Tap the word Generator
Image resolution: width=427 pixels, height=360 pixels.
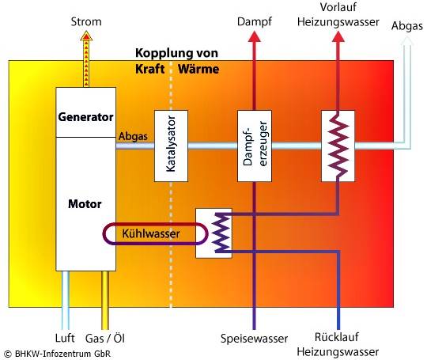[86, 117]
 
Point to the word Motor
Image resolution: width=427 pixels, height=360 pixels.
[86, 203]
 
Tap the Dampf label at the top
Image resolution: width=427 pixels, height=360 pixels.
[254, 23]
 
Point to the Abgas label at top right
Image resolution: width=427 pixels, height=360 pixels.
[406, 26]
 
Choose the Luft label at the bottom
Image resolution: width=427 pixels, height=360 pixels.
[67, 337]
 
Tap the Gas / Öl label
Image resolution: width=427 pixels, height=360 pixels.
[105, 337]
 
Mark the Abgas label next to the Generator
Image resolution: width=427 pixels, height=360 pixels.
[132, 136]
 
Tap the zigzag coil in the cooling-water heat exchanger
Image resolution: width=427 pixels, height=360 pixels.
[222, 233]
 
